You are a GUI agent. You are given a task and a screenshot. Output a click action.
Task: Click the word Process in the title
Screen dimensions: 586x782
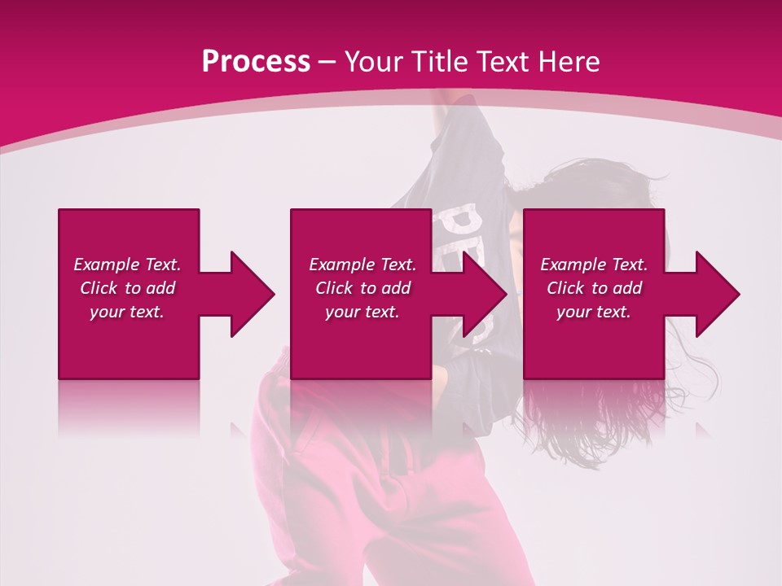coord(256,62)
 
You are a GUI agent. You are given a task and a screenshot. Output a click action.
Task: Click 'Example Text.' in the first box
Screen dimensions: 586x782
coord(127,265)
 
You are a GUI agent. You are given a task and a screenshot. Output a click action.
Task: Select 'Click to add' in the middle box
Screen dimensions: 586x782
coord(362,288)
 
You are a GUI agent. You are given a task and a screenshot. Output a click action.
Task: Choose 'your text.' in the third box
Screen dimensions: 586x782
coord(594,312)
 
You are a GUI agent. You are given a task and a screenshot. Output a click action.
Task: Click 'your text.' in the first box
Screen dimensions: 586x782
coord(127,312)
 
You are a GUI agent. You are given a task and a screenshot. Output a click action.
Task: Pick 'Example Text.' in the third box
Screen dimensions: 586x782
coord(594,265)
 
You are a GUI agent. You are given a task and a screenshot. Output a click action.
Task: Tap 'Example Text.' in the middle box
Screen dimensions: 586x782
coord(362,265)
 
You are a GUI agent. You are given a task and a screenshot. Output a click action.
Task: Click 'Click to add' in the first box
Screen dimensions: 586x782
coord(127,288)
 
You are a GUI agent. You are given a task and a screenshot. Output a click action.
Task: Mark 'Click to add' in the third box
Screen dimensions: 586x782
coord(594,288)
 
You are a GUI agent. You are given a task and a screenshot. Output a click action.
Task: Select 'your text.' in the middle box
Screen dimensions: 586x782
coord(362,312)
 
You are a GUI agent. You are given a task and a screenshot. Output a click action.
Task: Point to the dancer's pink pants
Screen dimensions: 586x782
coord(342,488)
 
